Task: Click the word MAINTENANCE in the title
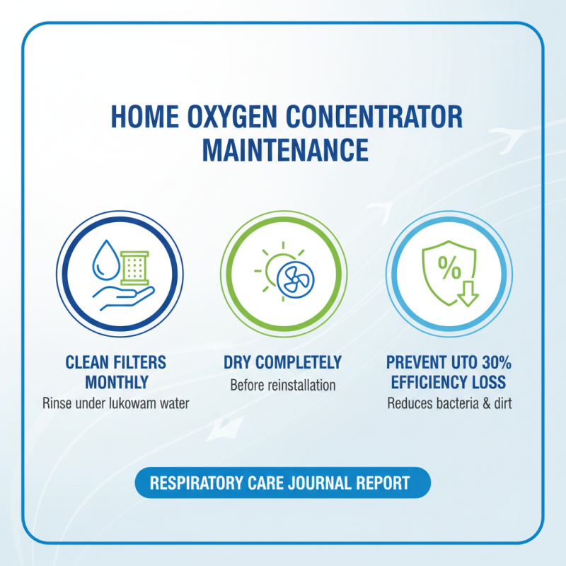coord(285,150)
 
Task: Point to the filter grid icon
coord(134,270)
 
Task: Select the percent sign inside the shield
coord(448,267)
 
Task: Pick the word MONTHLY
coord(117,383)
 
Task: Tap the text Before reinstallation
coord(283,386)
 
